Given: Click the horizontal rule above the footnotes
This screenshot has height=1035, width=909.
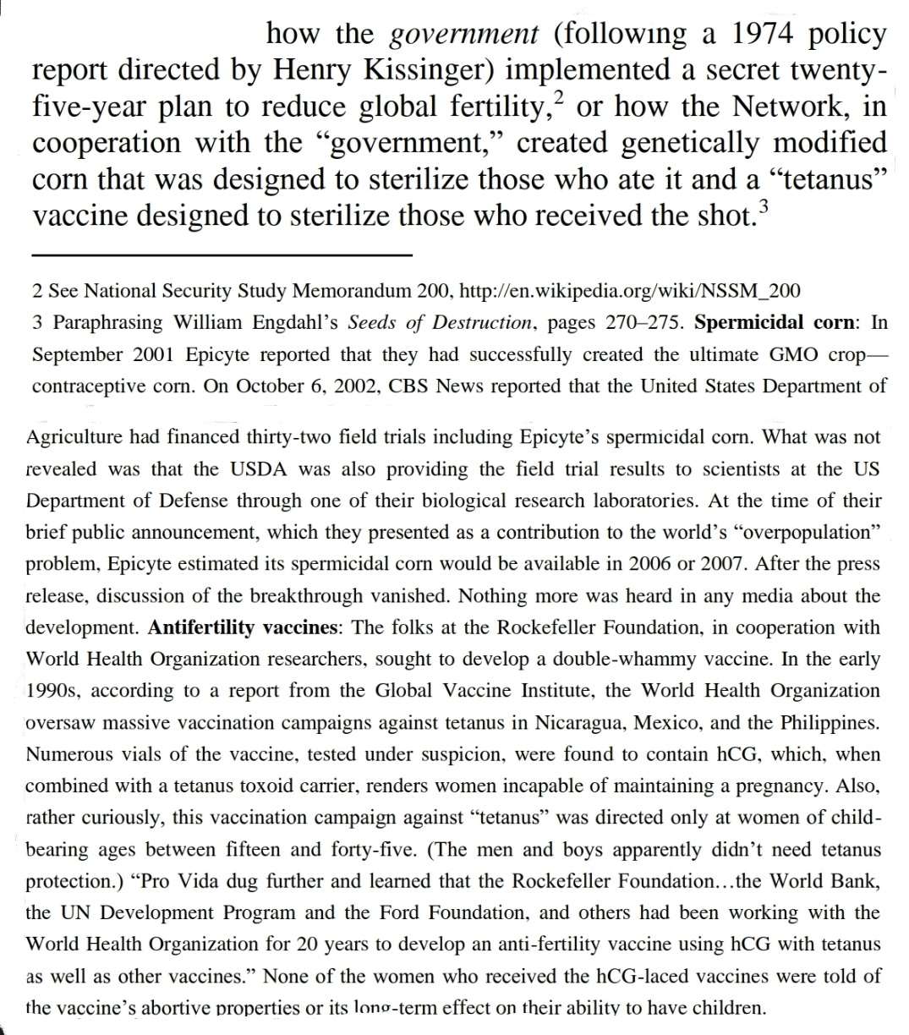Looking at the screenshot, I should (x=222, y=255).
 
